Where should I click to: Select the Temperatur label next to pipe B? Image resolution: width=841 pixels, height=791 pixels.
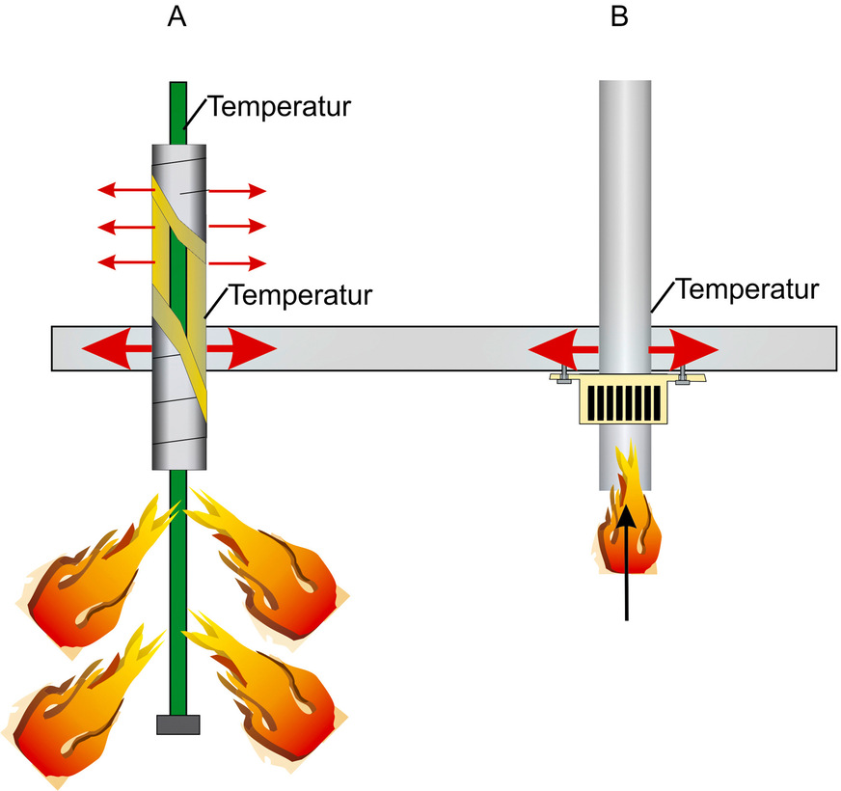747,287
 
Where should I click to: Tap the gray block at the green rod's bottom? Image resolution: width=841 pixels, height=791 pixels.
177,723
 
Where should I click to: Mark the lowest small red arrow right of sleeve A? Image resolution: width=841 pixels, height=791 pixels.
237,262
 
